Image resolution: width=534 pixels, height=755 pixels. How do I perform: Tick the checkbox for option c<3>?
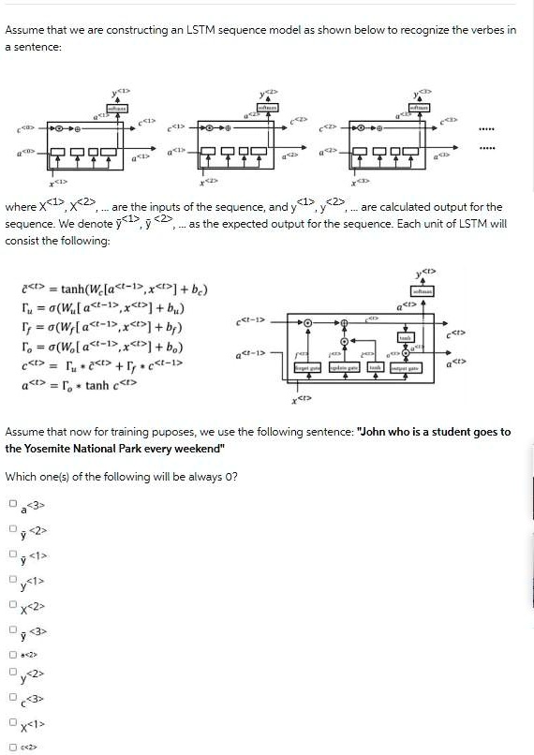(x=13, y=697)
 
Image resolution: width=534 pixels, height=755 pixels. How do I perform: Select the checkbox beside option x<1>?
(x=13, y=722)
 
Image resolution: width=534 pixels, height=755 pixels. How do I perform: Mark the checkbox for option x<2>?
(x=13, y=602)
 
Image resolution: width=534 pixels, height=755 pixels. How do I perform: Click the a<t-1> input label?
(x=252, y=354)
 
